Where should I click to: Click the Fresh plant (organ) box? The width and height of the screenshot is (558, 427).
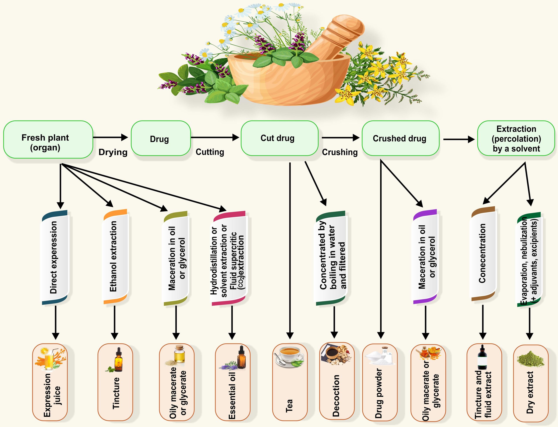pyautogui.click(x=48, y=139)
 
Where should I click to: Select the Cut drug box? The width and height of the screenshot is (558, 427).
pyautogui.click(x=279, y=138)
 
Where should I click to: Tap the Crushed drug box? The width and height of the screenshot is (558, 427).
pyautogui.click(x=400, y=138)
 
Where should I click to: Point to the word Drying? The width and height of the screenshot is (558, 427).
pyautogui.click(x=113, y=152)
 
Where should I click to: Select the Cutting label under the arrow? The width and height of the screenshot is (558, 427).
pyautogui.click(x=210, y=152)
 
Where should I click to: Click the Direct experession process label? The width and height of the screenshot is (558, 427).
pyautogui.click(x=54, y=257)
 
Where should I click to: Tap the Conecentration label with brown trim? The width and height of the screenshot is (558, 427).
pyautogui.click(x=482, y=254)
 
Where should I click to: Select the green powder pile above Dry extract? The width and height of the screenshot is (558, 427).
pyautogui.click(x=530, y=358)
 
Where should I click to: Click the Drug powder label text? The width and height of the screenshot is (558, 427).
pyautogui.click(x=379, y=393)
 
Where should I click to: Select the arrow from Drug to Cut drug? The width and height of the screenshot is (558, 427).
pyautogui.click(x=215, y=138)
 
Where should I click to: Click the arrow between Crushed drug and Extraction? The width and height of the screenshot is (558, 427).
pyautogui.click(x=458, y=139)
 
